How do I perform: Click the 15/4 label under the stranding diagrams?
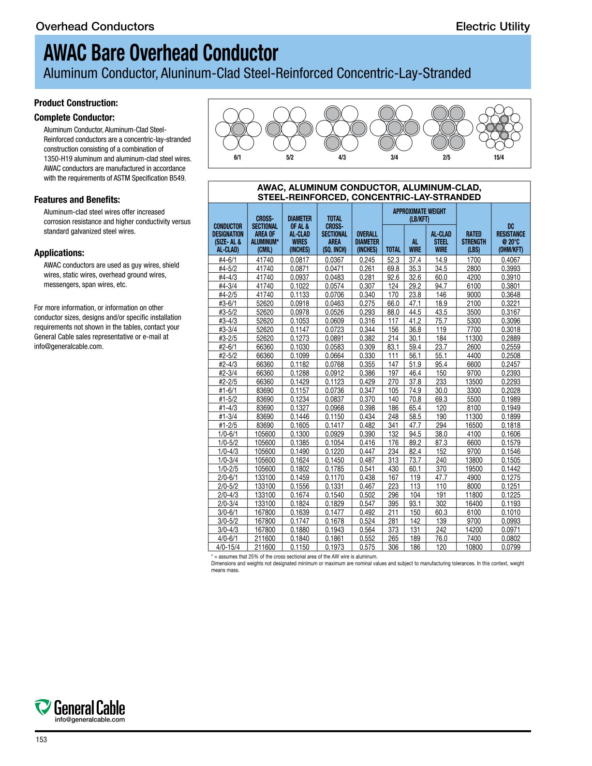(499, 158)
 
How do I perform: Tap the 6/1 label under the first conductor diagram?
(237, 158)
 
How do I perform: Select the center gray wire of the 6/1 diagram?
(238, 129)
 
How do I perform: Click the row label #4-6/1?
(227, 260)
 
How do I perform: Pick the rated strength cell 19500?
(474, 469)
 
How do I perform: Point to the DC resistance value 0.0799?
(510, 547)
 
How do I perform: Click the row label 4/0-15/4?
(227, 547)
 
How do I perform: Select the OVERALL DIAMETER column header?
(367, 242)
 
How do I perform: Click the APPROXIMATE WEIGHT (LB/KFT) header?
(419, 215)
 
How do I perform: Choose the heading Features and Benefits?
(77, 200)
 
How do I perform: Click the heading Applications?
(59, 253)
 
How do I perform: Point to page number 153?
(41, 740)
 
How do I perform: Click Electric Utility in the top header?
(492, 27)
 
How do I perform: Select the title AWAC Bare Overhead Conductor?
(161, 53)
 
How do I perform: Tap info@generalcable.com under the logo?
(89, 720)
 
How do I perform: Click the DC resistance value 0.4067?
(510, 260)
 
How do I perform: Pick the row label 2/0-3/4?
(227, 503)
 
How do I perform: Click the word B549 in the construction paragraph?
(176, 178)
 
